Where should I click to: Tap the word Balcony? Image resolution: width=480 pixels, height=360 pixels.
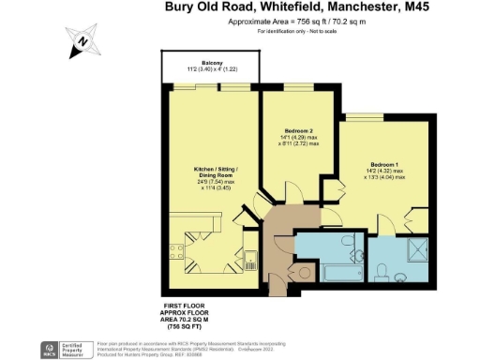[x=211, y=63]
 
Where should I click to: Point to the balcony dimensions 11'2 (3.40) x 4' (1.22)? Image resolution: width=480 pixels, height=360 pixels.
[x=211, y=70]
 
